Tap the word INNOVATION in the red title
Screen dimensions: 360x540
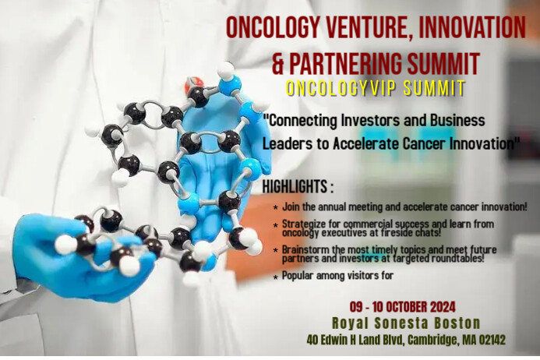[x=476, y=27]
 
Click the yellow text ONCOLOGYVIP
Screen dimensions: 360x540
[x=337, y=88]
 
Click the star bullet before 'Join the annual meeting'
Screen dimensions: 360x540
[x=277, y=210]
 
